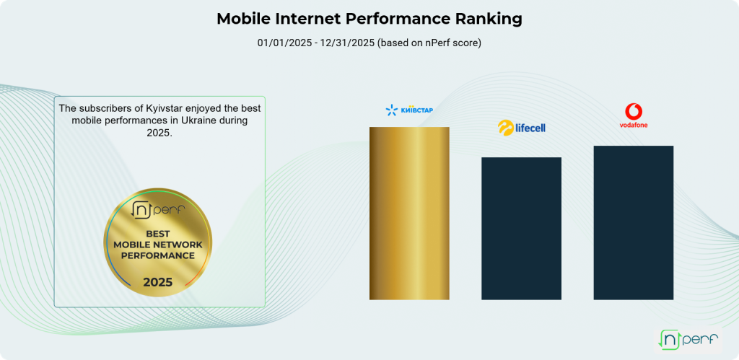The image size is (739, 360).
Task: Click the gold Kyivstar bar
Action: coord(409,213)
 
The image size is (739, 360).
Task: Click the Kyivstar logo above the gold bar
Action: coord(409,110)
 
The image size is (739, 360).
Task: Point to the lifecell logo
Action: coord(521,128)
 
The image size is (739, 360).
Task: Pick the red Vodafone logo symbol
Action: coord(634,112)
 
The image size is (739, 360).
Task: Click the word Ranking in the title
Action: coord(489,19)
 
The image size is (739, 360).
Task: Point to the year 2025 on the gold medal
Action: coord(157,282)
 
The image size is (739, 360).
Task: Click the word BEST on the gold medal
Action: coord(158,234)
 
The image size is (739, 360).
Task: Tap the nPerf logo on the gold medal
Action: coord(158,210)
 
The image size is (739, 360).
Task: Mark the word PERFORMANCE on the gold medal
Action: coord(158,255)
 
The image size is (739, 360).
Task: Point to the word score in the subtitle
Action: coord(465,43)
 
